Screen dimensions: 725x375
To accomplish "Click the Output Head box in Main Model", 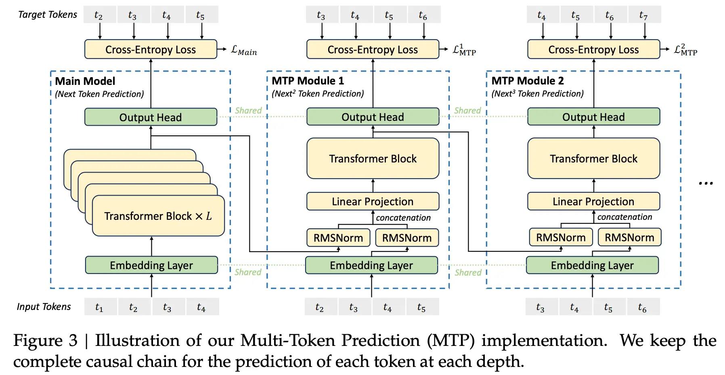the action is (x=151, y=117).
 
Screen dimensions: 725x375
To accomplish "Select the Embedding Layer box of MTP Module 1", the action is (x=371, y=265).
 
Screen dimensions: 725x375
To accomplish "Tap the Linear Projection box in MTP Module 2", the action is (x=593, y=201).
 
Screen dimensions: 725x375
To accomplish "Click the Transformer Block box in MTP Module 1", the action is (x=373, y=158).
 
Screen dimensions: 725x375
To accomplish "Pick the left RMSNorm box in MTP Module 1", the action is (x=338, y=238).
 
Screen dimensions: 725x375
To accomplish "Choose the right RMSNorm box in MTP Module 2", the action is (x=629, y=237).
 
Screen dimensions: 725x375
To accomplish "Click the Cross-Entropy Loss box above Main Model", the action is (x=151, y=49).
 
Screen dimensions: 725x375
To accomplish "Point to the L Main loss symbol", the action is (x=244, y=51).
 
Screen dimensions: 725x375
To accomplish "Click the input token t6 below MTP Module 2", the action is (x=643, y=307).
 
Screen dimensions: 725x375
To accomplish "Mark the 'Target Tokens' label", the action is (x=48, y=15).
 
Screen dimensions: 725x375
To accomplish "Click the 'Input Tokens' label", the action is (x=44, y=307).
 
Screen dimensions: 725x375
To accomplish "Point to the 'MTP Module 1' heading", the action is (x=308, y=81).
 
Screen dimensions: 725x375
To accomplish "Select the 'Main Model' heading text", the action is (x=85, y=81).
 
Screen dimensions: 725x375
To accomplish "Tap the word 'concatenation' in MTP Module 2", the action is (x=624, y=217).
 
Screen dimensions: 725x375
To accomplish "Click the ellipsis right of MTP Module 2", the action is (x=706, y=183).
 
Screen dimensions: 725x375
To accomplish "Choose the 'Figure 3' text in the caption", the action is (x=45, y=340).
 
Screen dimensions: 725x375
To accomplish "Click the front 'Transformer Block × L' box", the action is (x=158, y=216).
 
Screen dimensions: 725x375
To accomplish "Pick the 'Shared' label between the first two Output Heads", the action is (x=248, y=110).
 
